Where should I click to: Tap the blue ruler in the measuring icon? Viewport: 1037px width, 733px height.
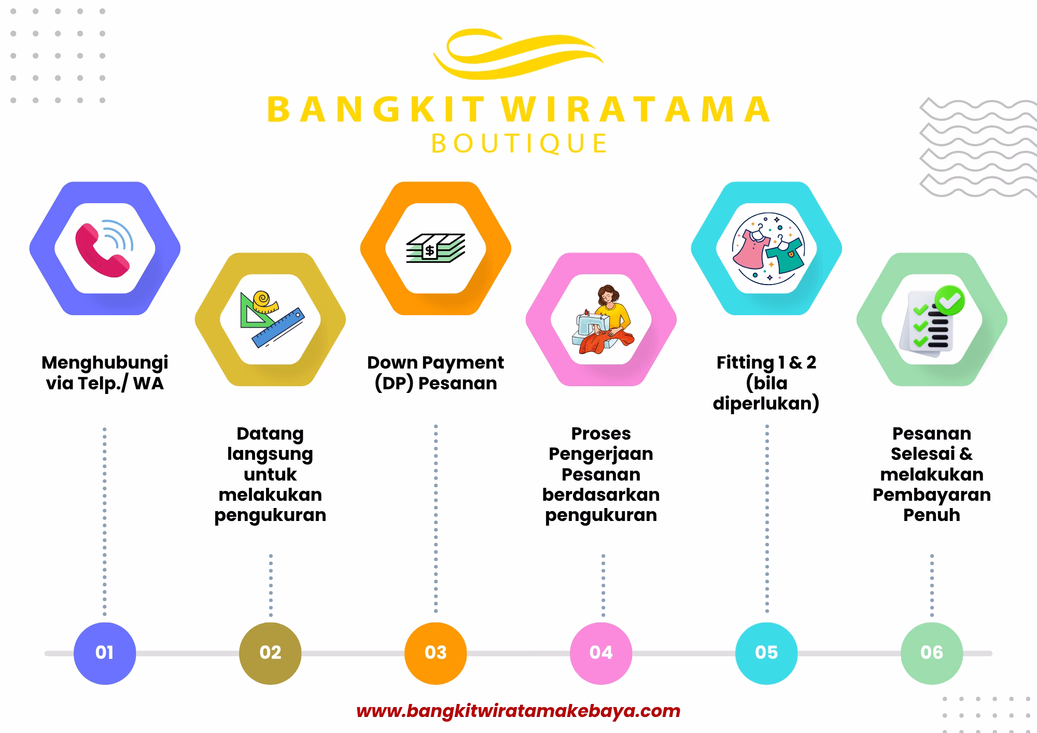click(x=278, y=327)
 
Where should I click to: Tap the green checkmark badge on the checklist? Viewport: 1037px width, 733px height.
click(x=949, y=300)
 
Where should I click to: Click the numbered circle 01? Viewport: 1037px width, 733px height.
click(x=105, y=653)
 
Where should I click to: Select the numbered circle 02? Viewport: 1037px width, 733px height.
click(x=270, y=653)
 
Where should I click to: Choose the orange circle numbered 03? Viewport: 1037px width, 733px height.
click(x=436, y=653)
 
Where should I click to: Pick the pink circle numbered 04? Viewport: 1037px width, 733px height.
click(x=601, y=653)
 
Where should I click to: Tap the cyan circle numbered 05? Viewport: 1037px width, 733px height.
click(x=766, y=653)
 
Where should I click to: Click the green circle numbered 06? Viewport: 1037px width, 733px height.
click(x=932, y=653)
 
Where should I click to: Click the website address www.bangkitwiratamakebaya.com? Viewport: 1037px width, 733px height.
click(x=518, y=711)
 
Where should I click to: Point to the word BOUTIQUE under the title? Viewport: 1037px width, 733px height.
click(x=519, y=144)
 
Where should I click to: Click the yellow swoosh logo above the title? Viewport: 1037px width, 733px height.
click(x=518, y=54)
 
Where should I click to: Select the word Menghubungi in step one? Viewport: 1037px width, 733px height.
click(x=105, y=363)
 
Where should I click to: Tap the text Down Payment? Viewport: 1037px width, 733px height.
click(x=436, y=362)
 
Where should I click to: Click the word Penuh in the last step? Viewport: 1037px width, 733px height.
click(x=932, y=515)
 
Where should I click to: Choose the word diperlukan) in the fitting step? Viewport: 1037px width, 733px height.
click(x=766, y=403)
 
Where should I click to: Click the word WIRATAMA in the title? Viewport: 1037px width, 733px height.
click(x=636, y=109)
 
